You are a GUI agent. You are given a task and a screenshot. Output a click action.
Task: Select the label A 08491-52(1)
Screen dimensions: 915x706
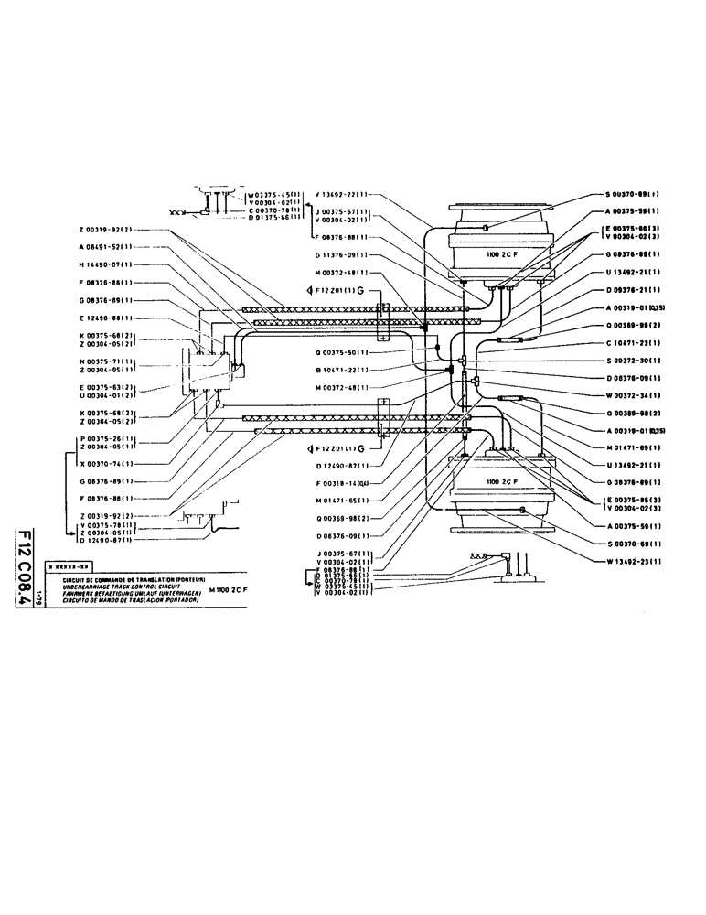pyautogui.click(x=103, y=247)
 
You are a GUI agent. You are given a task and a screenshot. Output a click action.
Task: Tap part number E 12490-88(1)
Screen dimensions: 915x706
pyautogui.click(x=103, y=318)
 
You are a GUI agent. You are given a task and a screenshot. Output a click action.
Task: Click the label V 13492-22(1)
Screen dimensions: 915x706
pyautogui.click(x=340, y=194)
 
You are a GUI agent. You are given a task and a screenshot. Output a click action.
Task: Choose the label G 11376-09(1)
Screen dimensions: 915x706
pyautogui.click(x=340, y=255)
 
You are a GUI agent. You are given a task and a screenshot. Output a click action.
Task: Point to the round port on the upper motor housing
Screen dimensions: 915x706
pyautogui.click(x=487, y=227)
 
